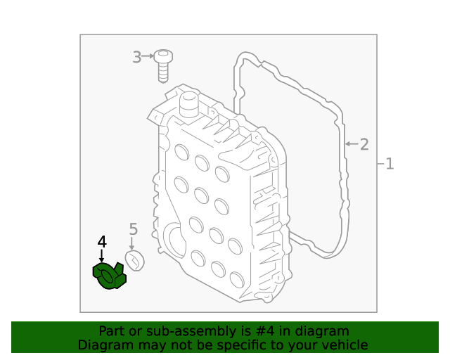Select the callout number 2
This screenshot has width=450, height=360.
coord(364,145)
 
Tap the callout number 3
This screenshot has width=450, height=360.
coord(136,57)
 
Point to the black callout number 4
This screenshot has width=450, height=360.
coord(102,242)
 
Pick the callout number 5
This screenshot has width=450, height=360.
coord(133,229)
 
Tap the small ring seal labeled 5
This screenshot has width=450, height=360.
coord(134,261)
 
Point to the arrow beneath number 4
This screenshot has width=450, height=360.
coord(102,257)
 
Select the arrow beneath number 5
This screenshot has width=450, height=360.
coord(132,243)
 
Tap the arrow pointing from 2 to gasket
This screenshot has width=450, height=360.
coord(351,145)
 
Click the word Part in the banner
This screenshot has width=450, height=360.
coord(111,331)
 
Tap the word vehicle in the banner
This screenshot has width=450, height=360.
coord(345,345)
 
